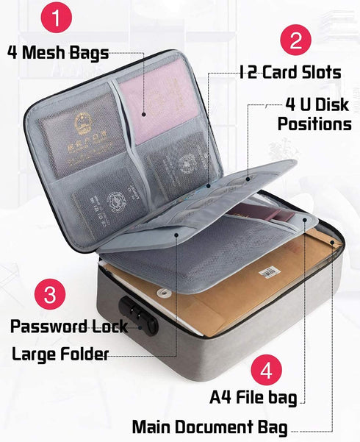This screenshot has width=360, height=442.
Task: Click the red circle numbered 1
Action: (x=57, y=17)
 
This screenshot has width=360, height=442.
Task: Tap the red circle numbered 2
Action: (x=296, y=40)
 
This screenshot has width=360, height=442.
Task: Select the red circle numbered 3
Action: (x=50, y=294)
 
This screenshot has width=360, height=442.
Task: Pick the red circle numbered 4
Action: (x=266, y=370)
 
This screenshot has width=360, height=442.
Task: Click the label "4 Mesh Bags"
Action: (x=58, y=53)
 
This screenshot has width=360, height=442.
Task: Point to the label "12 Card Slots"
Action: (x=290, y=72)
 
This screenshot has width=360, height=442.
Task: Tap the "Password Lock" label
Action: (x=69, y=327)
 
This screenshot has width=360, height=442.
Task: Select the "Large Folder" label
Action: (x=60, y=354)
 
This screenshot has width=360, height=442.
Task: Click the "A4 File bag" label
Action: (x=253, y=397)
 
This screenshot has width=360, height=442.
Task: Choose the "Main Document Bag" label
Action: (x=210, y=427)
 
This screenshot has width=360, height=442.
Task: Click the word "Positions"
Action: (x=314, y=124)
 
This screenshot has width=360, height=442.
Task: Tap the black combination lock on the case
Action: (x=138, y=316)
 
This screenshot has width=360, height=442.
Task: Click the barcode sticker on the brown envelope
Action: (x=270, y=273)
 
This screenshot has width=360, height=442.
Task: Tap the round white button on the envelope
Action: (x=162, y=293)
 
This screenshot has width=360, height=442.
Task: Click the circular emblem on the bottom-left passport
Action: (x=115, y=202)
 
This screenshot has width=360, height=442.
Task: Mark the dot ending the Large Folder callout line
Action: (x=176, y=235)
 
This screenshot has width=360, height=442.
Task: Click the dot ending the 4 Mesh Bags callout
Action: (x=144, y=115)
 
